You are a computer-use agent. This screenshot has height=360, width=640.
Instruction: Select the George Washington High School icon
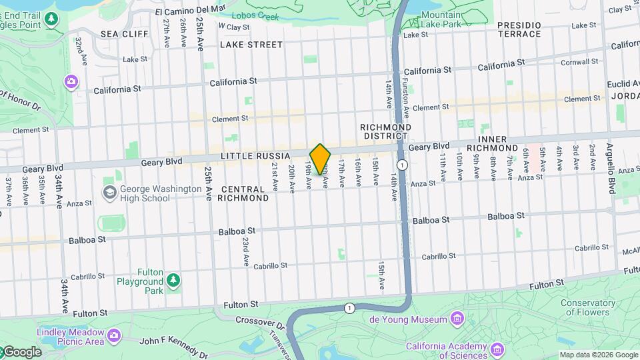(109, 193)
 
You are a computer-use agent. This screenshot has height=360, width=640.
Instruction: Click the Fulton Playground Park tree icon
(173, 280)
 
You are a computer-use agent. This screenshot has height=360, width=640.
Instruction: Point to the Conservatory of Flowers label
(588, 307)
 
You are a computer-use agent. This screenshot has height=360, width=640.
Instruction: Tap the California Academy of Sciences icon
(498, 349)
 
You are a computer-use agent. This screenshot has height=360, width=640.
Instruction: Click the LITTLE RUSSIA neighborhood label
(256, 156)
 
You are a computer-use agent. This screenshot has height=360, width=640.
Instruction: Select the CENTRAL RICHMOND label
(244, 193)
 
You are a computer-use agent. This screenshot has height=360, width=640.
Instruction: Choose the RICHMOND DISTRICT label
(385, 131)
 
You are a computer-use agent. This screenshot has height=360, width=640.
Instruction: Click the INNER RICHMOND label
(492, 143)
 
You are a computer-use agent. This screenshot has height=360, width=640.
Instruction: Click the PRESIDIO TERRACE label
(519, 29)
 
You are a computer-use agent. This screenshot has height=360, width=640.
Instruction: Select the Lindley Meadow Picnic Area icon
(114, 333)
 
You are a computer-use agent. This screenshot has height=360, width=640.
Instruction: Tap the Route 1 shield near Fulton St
(349, 307)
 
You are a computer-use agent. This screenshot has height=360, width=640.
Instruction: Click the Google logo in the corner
(21, 352)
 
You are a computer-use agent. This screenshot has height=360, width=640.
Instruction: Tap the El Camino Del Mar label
(191, 10)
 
